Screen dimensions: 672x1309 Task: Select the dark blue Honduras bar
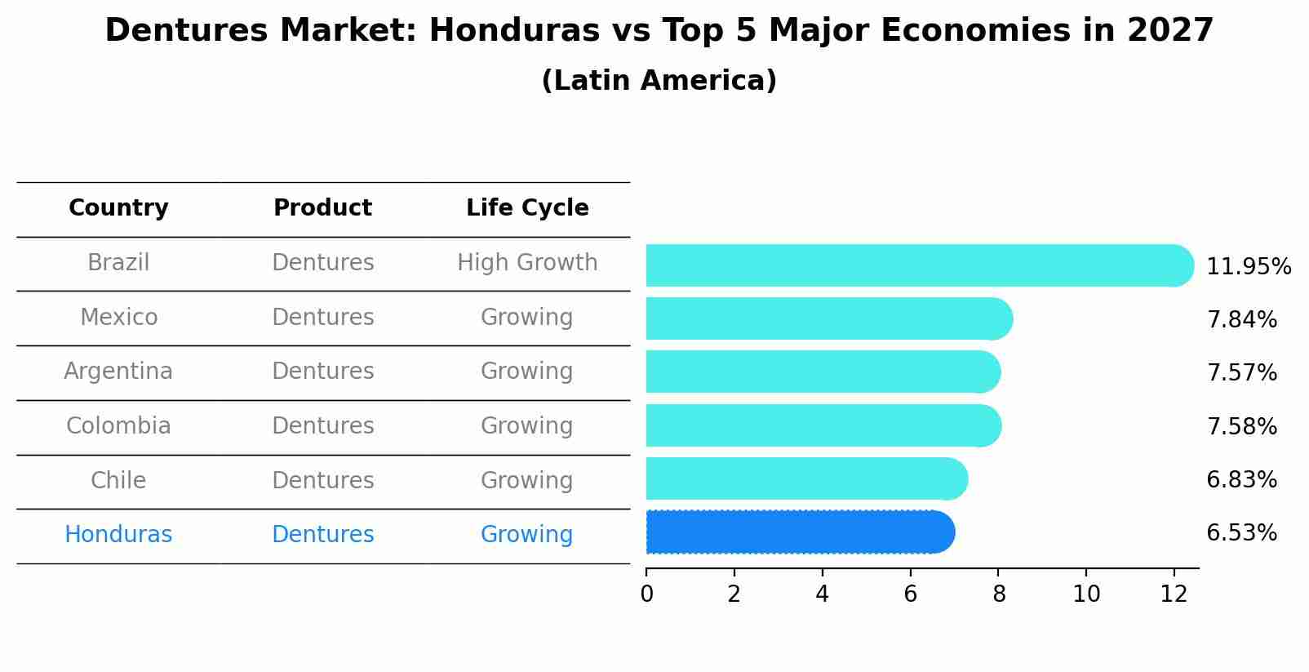pos(800,532)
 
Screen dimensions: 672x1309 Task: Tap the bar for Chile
pos(806,478)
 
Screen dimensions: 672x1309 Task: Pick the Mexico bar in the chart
pos(828,318)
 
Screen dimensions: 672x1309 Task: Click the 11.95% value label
pos(1248,267)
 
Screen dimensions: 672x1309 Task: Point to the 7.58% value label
pos(1241,426)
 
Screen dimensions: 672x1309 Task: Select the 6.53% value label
pos(1241,533)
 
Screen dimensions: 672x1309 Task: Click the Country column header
pos(118,208)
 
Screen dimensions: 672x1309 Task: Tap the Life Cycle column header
pos(527,208)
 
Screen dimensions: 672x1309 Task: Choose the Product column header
pos(322,208)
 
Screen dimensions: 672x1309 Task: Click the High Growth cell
pos(527,263)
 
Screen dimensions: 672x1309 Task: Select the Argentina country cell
pos(118,372)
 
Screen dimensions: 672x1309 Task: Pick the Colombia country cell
pos(118,426)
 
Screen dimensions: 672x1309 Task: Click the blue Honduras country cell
pos(118,535)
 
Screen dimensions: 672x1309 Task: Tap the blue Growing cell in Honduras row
pos(527,535)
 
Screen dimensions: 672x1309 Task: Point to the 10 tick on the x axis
pos(1086,594)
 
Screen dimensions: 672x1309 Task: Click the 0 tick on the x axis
pos(646,594)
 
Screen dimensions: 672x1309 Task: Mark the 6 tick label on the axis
pos(910,594)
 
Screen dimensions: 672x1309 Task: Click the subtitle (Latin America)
pos(659,81)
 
